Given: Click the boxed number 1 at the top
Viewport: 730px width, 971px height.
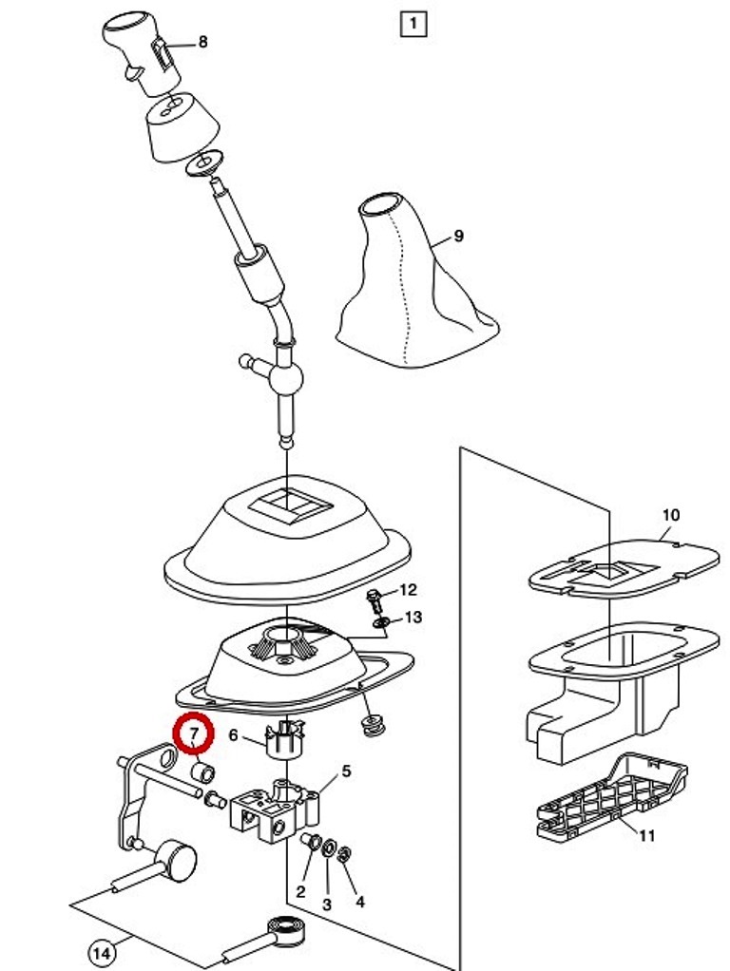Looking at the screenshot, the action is [413, 24].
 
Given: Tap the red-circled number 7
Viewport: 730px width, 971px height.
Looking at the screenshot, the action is [194, 733].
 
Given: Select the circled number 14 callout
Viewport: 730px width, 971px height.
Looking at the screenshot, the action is [103, 952].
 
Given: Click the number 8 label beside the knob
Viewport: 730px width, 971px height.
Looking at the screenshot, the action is [202, 42].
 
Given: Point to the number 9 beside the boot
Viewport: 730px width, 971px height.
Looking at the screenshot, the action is [458, 236].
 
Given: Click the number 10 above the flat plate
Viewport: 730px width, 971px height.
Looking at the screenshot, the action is [670, 515].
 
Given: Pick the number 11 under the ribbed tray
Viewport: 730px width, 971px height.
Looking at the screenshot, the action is [647, 836].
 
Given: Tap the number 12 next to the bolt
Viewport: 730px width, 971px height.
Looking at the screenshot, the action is [408, 590].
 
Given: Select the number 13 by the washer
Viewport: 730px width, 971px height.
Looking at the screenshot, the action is [413, 618].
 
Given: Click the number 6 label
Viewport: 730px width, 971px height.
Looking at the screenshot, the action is [233, 735].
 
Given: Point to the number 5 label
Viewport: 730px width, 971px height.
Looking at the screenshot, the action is [346, 771].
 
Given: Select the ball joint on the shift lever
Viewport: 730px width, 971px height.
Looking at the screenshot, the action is [286, 376].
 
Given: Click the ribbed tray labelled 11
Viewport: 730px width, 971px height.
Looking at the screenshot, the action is [612, 793].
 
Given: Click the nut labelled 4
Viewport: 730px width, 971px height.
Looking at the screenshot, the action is [341, 856].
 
